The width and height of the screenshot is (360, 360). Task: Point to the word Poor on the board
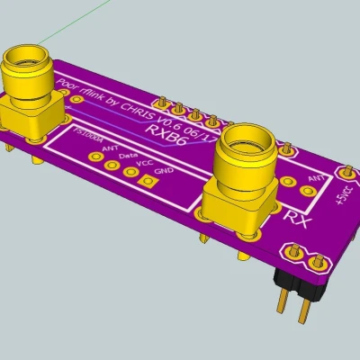click(68, 85)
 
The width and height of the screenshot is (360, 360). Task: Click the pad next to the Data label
click(113, 163)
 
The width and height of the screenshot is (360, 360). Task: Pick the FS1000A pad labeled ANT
click(95, 155)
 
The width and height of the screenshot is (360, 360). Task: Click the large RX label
click(296, 217)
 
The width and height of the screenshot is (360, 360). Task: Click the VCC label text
click(144, 163)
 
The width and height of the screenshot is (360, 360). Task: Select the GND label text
click(164, 171)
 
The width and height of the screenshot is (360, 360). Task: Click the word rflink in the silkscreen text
click(94, 96)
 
